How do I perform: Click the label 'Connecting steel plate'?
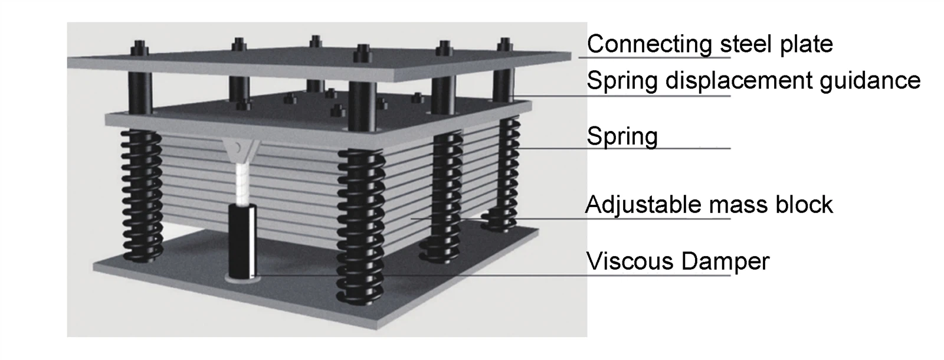tap(710, 44)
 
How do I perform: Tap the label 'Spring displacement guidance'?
tap(753, 80)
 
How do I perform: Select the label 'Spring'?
tap(622, 136)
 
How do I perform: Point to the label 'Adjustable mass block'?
tap(709, 205)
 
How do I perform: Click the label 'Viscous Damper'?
tap(677, 261)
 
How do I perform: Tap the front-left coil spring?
tap(142, 195)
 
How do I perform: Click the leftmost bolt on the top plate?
tap(139, 47)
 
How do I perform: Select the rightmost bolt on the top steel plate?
tap(503, 45)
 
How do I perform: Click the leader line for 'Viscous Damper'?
tap(472, 275)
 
